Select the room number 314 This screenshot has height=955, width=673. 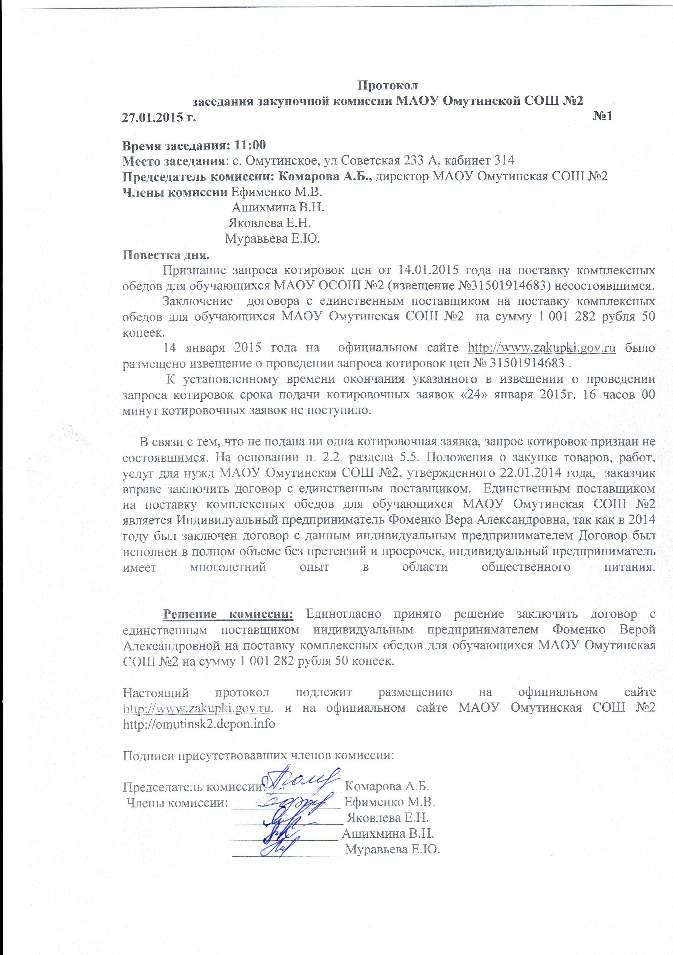504,160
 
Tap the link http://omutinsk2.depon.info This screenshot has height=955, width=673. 199,723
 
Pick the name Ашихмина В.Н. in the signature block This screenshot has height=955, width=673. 388,833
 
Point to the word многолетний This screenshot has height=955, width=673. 228,567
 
